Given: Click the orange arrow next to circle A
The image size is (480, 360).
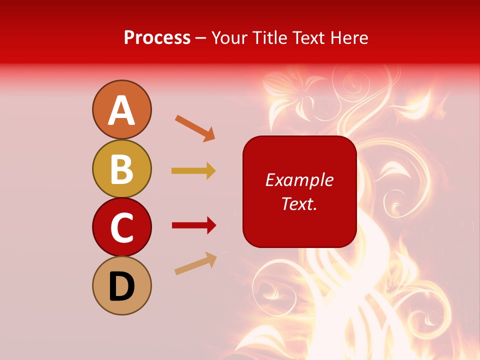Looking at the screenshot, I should click(195, 127).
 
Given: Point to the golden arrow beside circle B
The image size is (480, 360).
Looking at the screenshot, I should click(193, 171).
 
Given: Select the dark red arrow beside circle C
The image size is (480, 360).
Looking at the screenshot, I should click(194, 225).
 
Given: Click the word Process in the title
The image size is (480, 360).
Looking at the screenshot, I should click(157, 38).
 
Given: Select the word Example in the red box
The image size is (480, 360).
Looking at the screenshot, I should click(299, 180).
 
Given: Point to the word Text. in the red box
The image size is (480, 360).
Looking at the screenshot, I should click(299, 203).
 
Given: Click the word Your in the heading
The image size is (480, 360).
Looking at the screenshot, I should click(229, 38).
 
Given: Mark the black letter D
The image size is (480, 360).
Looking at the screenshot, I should click(121, 287).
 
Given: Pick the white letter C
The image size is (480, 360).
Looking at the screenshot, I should click(121, 228).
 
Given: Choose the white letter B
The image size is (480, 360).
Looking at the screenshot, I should click(121, 169).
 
